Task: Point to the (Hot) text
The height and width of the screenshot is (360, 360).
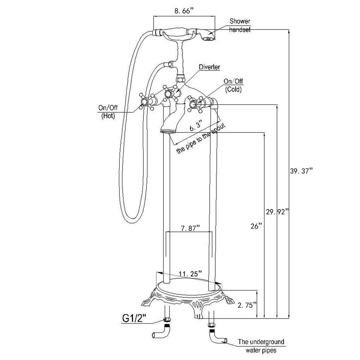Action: (x=108, y=116)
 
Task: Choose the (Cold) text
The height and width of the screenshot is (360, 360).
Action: (x=233, y=89)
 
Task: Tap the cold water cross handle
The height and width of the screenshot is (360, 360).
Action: (x=195, y=104)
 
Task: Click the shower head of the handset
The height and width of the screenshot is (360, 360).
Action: (x=208, y=36)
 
